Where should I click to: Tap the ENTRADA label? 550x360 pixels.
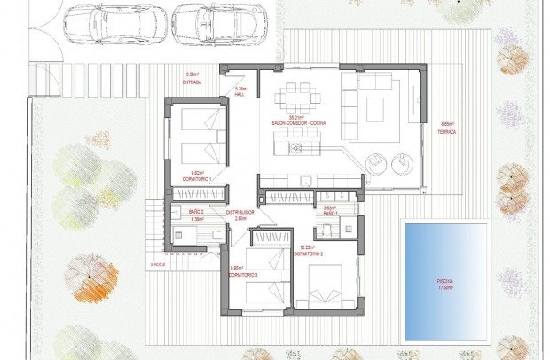(192, 82)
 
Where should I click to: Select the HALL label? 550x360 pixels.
(240, 93)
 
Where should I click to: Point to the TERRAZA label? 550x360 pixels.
(447, 131)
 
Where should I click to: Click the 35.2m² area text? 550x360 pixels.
(298, 117)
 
